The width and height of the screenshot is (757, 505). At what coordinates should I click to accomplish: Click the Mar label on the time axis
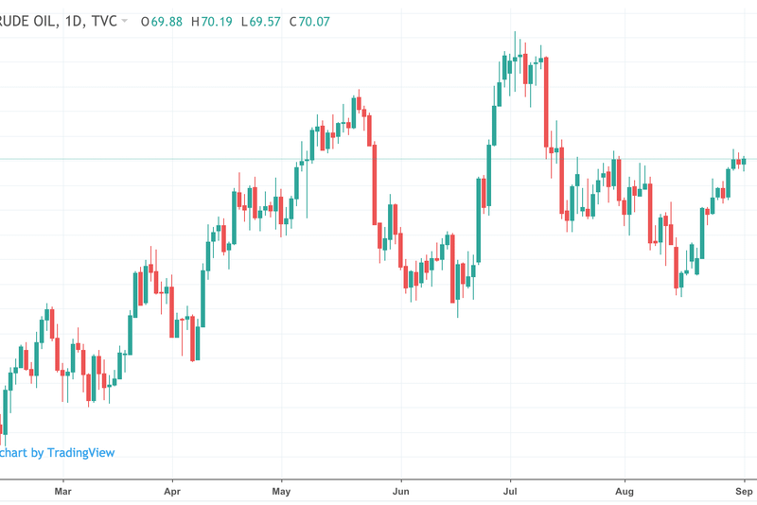pyautogui.click(x=63, y=492)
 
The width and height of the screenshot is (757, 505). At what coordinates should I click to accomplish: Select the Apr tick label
pyautogui.click(x=172, y=492)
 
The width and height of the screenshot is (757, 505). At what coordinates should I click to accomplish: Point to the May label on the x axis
pyautogui.click(x=281, y=492)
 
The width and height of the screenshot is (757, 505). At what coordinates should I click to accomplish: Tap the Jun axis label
pyautogui.click(x=401, y=492)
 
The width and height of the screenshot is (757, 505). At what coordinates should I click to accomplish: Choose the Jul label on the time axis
pyautogui.click(x=511, y=492)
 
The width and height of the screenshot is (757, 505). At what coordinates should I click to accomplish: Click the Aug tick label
pyautogui.click(x=624, y=492)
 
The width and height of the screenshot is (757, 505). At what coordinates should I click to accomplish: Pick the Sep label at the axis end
pyautogui.click(x=744, y=492)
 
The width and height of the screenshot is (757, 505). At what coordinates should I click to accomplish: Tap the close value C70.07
pyautogui.click(x=309, y=21)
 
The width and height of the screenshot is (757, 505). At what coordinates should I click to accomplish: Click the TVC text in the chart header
pyautogui.click(x=101, y=21)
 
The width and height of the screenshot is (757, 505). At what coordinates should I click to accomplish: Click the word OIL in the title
pyautogui.click(x=39, y=21)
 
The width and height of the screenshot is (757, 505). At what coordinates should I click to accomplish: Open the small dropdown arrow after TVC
pyautogui.click(x=125, y=21)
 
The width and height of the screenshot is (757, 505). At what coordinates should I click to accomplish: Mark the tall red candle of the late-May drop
pyautogui.click(x=375, y=184)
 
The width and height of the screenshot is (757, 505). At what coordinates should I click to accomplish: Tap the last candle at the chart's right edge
pyautogui.click(x=744, y=161)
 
